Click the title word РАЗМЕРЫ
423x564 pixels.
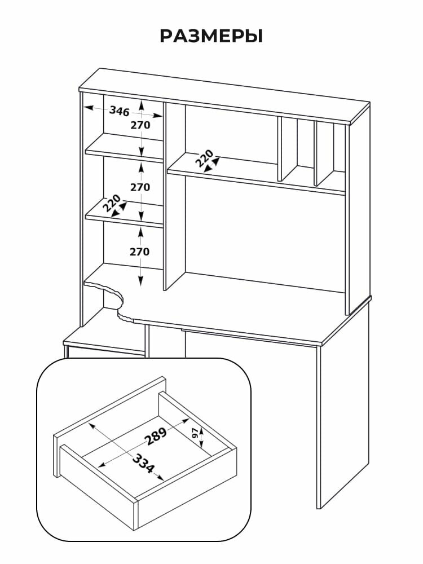pyautogui.click(x=211, y=36)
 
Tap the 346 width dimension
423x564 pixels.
pyautogui.click(x=120, y=111)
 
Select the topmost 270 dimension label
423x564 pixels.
pyautogui.click(x=140, y=125)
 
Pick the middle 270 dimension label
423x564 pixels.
pyautogui.click(x=140, y=187)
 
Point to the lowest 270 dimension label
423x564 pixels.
pyautogui.click(x=140, y=252)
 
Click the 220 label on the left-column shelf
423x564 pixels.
pyautogui.click(x=112, y=203)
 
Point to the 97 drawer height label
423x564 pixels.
pyautogui.click(x=195, y=434)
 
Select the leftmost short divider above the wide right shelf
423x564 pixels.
pyautogui.click(x=280, y=149)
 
